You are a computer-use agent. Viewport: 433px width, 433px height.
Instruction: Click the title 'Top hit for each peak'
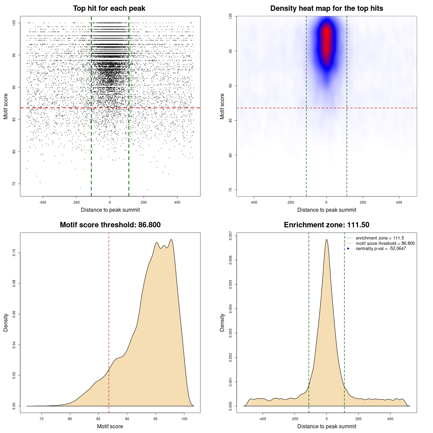(x=109, y=8)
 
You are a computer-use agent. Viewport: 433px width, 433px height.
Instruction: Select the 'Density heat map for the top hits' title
(x=326, y=8)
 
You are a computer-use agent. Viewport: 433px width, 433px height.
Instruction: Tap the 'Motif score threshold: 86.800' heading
(x=110, y=225)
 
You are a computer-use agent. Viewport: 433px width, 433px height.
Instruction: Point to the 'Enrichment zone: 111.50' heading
(x=326, y=225)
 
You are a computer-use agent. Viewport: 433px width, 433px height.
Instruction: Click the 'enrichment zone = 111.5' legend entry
(x=380, y=238)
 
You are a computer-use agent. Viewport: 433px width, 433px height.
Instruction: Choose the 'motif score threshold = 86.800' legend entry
(x=385, y=243)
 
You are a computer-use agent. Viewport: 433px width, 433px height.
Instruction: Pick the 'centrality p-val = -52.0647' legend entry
(x=381, y=249)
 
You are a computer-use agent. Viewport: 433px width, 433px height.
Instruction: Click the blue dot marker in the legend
(x=348, y=249)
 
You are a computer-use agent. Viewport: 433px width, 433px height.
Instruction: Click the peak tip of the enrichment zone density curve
(x=326, y=240)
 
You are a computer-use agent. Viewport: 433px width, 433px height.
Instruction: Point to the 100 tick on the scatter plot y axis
(x=14, y=23)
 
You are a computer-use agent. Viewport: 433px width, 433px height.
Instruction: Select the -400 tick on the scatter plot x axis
(x=43, y=203)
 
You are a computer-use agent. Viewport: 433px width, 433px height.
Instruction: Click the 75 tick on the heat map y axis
(x=230, y=190)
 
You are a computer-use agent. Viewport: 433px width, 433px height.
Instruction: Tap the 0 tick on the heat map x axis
(x=326, y=203)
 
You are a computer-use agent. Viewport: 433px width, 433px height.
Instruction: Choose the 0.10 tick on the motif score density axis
(x=14, y=253)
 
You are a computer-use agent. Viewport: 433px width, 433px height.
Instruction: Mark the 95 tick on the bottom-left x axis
(x=156, y=419)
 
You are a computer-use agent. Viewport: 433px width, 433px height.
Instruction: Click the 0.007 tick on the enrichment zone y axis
(x=230, y=235)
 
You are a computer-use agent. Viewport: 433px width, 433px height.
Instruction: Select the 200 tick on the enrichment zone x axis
(x=359, y=419)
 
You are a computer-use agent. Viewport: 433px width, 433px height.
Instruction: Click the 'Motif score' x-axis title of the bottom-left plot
(x=110, y=426)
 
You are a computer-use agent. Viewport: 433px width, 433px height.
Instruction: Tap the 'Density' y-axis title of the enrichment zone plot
(x=222, y=322)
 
